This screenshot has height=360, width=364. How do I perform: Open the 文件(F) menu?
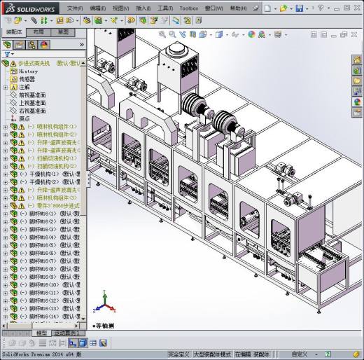coord(74,8)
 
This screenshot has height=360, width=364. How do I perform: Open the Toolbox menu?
coord(188,8)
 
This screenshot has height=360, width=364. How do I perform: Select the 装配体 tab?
coord(14,32)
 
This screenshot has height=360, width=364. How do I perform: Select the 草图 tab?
coord(63,32)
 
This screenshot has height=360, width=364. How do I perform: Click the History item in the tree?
coord(28,71)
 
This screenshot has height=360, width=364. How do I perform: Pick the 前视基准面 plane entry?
coord(32,95)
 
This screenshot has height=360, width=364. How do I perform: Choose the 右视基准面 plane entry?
coord(32,111)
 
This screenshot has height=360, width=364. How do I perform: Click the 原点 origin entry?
coord(24,118)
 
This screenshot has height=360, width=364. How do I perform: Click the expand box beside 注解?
coord(6,87)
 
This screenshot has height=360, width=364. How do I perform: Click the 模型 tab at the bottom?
coord(42,333)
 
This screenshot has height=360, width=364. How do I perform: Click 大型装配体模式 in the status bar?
coord(210,354)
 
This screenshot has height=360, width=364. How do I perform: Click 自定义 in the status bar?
coord(299,354)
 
